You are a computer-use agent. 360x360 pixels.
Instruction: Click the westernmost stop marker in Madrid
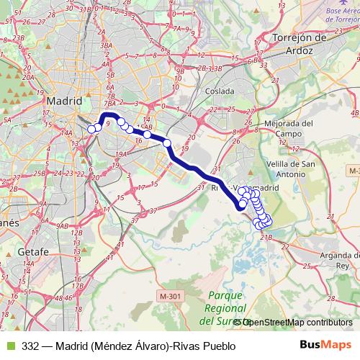coord(91,129)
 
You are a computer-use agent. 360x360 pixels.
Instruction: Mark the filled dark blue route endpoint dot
coord(242,205)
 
